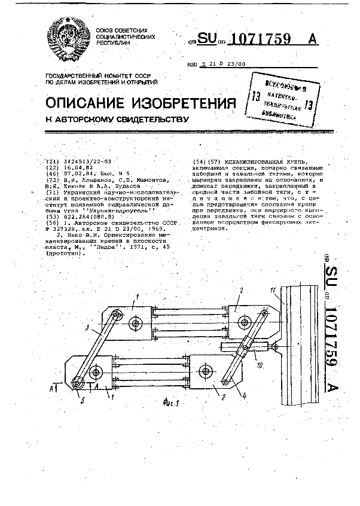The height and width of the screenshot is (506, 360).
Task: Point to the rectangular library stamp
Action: [x=275, y=97]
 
